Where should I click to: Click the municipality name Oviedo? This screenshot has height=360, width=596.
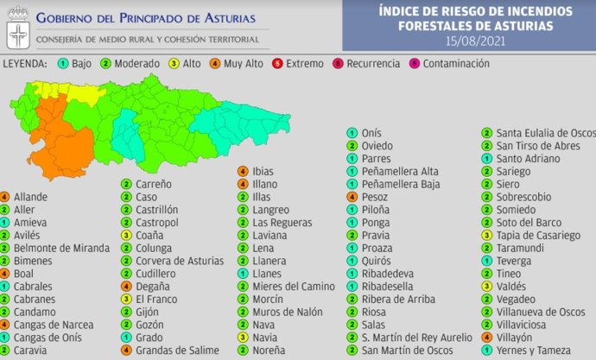tap(377, 146)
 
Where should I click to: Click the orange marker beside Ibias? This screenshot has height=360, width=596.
tap(244, 171)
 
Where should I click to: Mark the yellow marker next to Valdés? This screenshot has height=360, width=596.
tap(487, 287)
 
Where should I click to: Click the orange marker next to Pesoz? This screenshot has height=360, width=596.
tap(352, 197)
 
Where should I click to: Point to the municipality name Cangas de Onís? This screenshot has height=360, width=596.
tap(48, 338)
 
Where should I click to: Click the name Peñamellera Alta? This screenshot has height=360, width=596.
tap(400, 171)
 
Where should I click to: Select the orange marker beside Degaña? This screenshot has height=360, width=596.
tap(125, 287)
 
